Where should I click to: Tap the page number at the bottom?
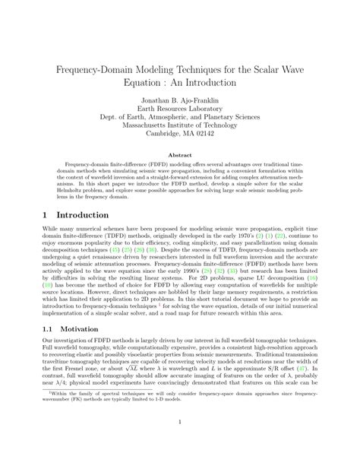[x=180, y=442]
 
